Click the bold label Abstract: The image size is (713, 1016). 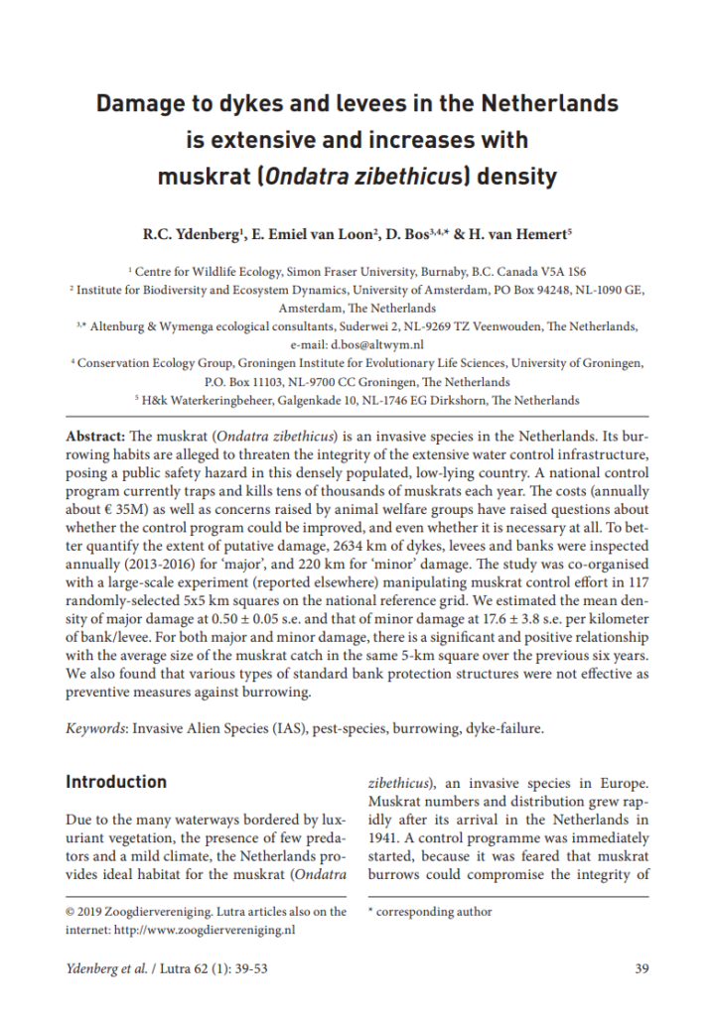pyautogui.click(x=96, y=436)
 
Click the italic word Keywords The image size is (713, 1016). pyautogui.click(x=96, y=727)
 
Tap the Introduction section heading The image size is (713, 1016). pyautogui.click(x=116, y=782)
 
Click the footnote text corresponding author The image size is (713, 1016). pyautogui.click(x=435, y=911)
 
